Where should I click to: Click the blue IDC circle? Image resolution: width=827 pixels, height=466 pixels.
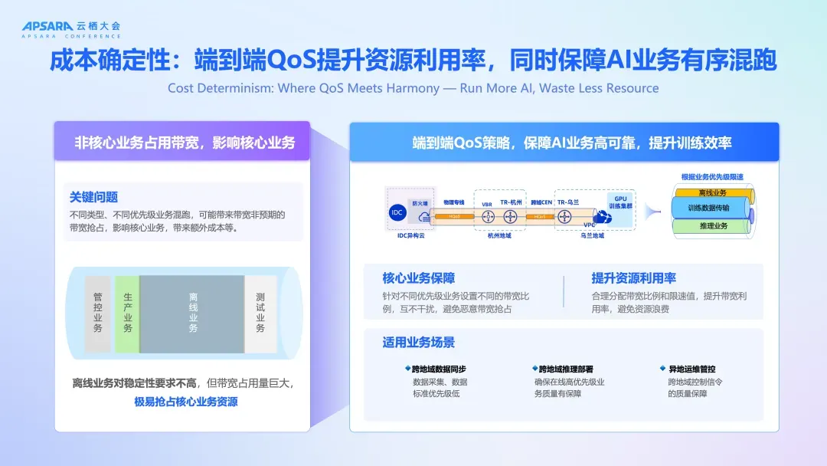point(397,213)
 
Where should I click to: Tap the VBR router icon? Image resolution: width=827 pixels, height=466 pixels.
point(487,217)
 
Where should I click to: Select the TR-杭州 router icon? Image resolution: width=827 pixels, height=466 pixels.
point(511,217)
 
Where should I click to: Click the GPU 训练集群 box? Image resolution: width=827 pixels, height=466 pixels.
point(619,202)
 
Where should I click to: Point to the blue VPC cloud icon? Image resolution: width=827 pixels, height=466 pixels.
point(603,218)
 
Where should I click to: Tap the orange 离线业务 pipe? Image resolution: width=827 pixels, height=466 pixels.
point(712,192)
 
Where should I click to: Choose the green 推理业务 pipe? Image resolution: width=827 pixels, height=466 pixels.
point(712,226)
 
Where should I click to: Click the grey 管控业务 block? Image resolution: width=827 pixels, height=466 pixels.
point(97,313)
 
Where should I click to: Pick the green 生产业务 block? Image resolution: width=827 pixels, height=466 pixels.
point(127,313)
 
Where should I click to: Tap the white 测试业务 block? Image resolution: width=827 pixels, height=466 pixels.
point(260,313)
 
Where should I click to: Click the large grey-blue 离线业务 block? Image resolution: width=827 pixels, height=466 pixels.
point(192,313)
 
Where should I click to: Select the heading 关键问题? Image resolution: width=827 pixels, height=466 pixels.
point(93,197)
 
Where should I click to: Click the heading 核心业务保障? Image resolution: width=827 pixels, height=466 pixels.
point(418,278)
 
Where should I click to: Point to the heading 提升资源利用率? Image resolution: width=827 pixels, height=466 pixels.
point(633,278)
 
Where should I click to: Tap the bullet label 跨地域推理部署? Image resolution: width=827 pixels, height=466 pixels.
point(565,369)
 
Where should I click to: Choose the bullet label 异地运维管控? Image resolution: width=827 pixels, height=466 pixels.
point(691,369)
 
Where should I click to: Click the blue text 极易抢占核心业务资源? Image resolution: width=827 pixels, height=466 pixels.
point(185,402)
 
